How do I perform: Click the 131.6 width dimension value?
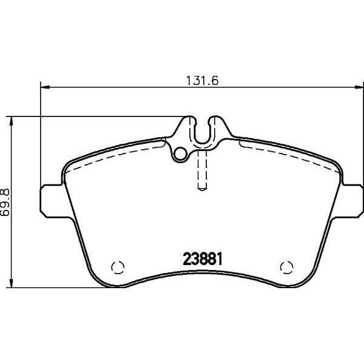(203, 81)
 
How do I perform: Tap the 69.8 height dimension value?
(5, 202)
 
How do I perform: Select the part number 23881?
(203, 259)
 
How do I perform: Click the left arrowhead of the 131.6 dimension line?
(45, 87)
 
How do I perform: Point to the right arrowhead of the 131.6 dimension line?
(359, 87)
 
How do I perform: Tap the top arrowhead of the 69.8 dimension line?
(11, 121)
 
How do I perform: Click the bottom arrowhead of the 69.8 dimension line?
(11, 283)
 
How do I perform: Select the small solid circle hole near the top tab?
(180, 154)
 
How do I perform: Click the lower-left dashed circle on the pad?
(118, 267)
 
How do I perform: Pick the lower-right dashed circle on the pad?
(287, 267)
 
